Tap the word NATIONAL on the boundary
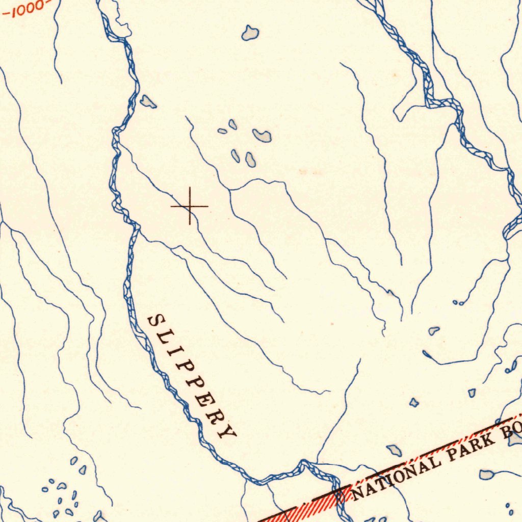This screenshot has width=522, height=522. point(395,476)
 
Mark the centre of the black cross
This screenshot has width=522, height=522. point(190,206)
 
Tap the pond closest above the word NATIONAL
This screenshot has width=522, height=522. point(394,450)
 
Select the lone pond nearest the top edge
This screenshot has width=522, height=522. point(250,33)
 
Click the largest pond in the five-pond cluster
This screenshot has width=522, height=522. point(262,135)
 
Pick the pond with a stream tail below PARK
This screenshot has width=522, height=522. point(487,475)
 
